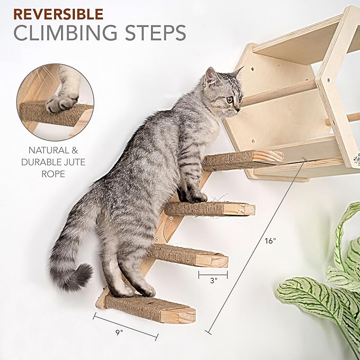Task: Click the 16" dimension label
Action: coord(270,241)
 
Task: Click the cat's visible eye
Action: coord(230,99)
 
